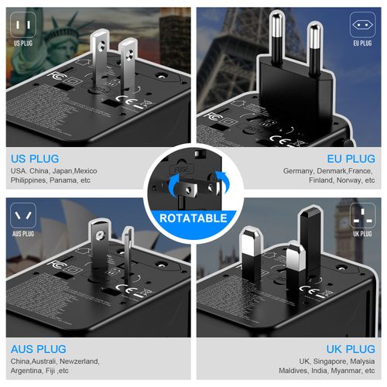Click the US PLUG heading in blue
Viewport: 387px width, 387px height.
(36, 156)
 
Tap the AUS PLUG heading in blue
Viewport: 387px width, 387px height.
(39, 348)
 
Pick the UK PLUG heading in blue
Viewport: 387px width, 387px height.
(350, 348)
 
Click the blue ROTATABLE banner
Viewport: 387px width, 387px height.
(193, 218)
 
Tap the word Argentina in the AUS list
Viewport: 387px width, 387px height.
(29, 372)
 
